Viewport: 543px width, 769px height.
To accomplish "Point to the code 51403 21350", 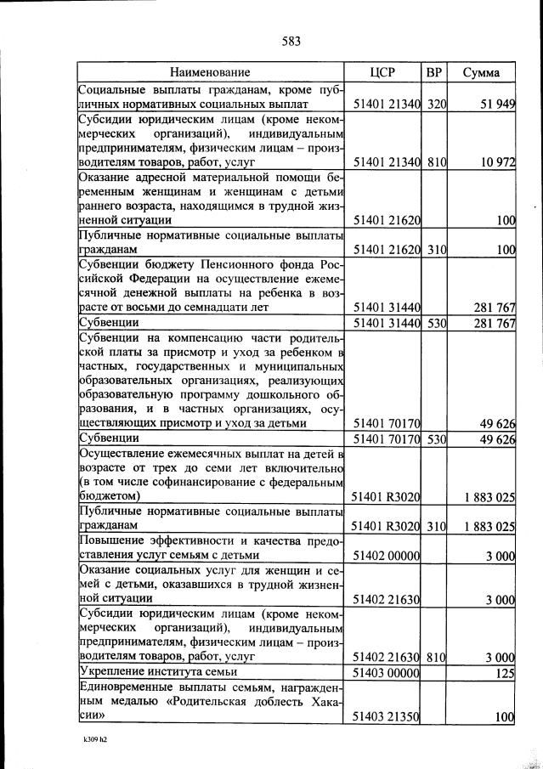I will (387, 717).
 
